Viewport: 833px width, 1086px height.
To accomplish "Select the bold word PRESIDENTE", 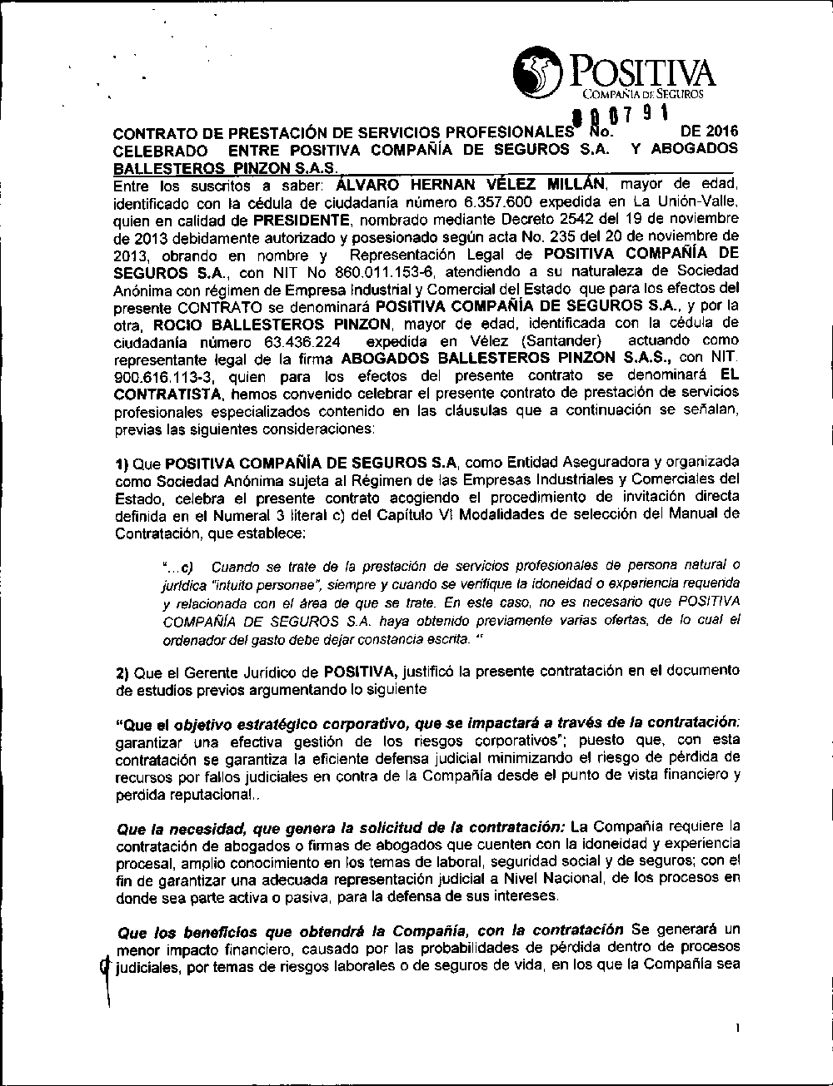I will tap(301, 221).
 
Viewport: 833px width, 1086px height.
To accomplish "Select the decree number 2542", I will tap(549, 221).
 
